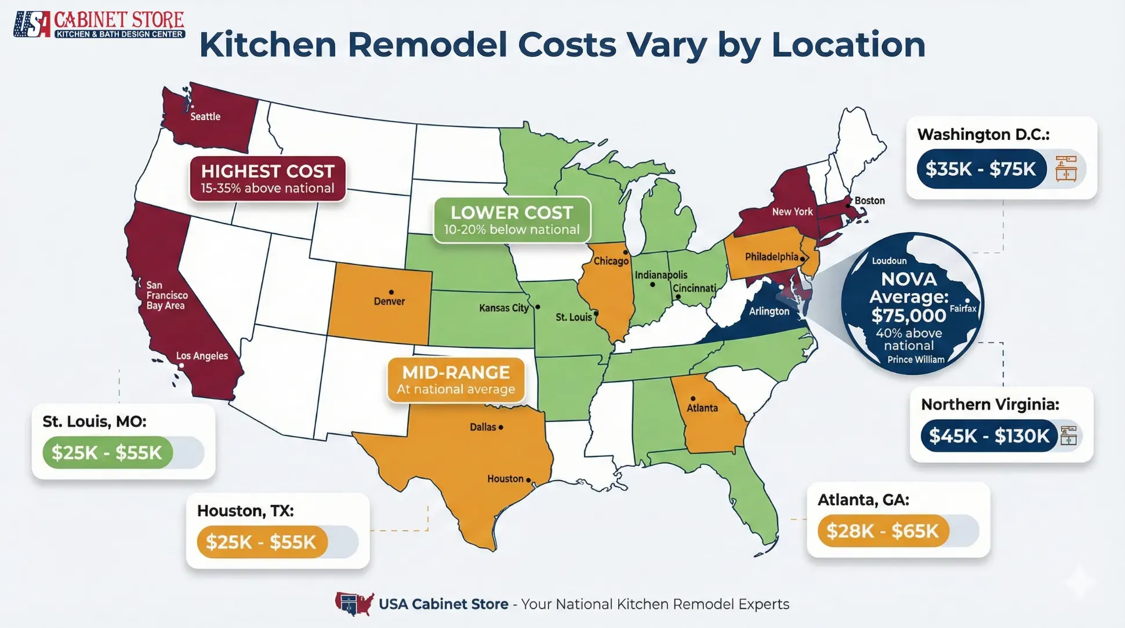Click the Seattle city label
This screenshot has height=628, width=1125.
[205, 117]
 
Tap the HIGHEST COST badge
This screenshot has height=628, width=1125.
[267, 179]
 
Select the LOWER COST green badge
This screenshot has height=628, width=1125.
[511, 220]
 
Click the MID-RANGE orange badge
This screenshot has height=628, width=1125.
[456, 380]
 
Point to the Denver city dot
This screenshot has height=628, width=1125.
[391, 292]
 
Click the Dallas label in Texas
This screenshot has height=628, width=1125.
[482, 427]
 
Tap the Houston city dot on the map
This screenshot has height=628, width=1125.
[528, 480]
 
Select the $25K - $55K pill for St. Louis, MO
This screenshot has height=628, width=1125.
[107, 452]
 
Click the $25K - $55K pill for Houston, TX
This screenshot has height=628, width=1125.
[262, 542]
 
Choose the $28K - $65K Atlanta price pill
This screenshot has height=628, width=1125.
[882, 531]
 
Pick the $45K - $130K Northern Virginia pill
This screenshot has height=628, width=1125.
[989, 435]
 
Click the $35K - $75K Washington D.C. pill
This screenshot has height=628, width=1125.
[981, 169]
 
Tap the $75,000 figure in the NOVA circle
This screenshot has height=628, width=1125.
[908, 315]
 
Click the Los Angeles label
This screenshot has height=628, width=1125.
[202, 356]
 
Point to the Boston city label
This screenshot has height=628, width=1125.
[869, 201]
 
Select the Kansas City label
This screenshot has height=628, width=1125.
[503, 308]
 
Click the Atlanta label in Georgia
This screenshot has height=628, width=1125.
[702, 408]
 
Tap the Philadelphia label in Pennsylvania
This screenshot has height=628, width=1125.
[771, 257]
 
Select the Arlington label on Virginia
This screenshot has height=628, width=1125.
[769, 311]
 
